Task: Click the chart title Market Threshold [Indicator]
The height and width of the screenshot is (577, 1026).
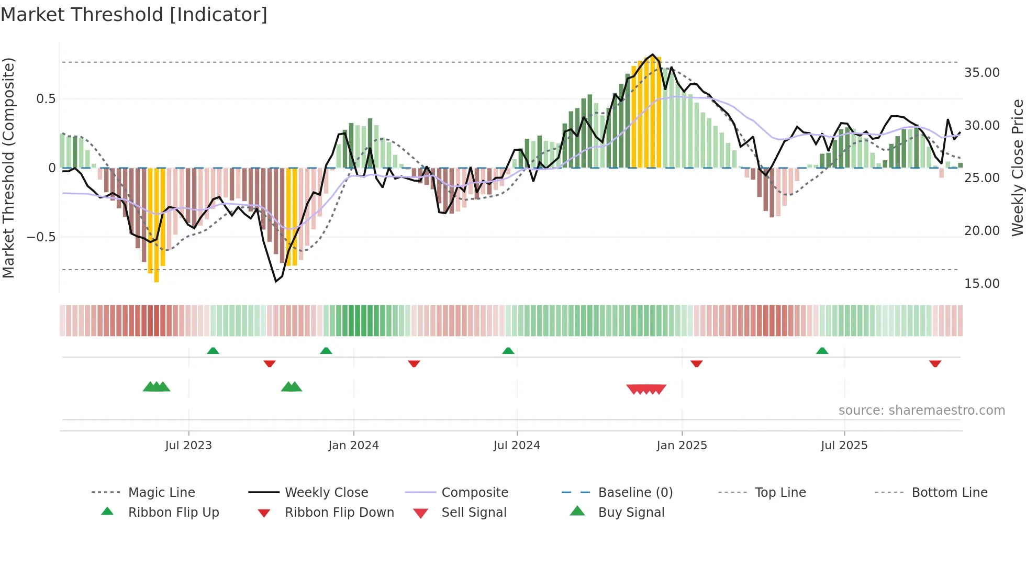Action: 134,15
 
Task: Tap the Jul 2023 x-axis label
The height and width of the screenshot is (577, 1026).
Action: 188,446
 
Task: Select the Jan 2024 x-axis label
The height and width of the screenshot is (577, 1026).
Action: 353,446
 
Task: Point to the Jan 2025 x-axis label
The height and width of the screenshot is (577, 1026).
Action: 682,446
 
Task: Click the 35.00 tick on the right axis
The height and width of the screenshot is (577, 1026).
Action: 982,73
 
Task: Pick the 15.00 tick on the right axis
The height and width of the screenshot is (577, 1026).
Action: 982,284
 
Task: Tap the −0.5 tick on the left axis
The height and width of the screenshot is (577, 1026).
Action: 41,237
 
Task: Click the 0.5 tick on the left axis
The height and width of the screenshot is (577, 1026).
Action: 46,99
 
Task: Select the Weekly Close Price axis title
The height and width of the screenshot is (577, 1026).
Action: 1017,168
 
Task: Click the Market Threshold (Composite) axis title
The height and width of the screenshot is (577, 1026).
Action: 8,168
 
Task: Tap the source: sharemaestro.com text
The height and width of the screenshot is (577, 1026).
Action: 921,410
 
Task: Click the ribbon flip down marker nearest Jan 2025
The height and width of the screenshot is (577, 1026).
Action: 696,363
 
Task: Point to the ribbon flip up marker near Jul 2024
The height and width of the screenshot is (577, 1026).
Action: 508,351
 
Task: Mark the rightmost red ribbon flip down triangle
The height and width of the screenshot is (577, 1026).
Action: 935,363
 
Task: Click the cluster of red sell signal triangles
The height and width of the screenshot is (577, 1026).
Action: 646,389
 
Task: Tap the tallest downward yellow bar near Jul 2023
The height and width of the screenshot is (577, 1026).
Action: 157,225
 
